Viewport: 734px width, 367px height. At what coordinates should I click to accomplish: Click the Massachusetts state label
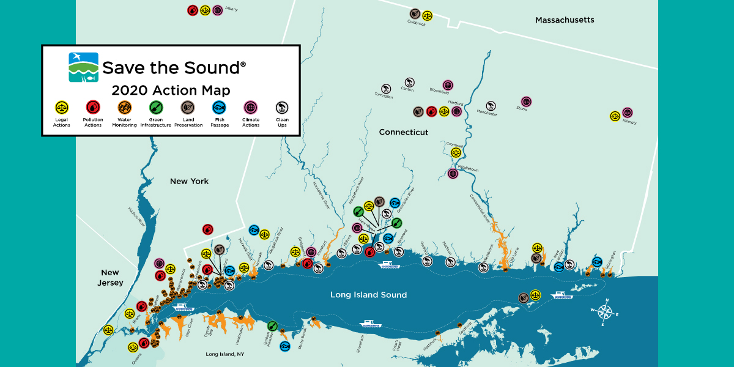point(565,20)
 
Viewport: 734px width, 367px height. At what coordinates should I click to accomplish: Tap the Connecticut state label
point(403,132)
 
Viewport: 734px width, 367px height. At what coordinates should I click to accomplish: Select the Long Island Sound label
point(368,295)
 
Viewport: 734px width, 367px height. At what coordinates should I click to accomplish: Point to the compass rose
point(604,311)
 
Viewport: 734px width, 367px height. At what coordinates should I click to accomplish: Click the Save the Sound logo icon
point(83,67)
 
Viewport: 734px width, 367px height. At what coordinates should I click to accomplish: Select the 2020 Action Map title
point(171,91)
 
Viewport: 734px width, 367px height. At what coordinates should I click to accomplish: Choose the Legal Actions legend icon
point(61,108)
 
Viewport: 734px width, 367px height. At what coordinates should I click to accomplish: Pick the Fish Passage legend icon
point(220,108)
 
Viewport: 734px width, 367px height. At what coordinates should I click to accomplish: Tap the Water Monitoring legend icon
point(124,108)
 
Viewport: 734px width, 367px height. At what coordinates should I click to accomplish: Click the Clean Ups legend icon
point(282,108)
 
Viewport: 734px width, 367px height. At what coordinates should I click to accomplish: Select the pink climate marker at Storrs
point(526,102)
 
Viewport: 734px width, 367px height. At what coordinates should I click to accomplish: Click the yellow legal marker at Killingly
point(615,116)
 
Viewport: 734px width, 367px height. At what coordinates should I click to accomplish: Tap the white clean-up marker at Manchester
point(491,106)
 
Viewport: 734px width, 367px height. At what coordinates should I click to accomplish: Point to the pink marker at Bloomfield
point(448,85)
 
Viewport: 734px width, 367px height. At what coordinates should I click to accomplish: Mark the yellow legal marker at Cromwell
point(455,152)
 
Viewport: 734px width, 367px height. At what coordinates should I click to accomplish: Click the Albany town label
point(231,10)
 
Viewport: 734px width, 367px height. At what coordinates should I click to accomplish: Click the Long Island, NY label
point(224,354)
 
